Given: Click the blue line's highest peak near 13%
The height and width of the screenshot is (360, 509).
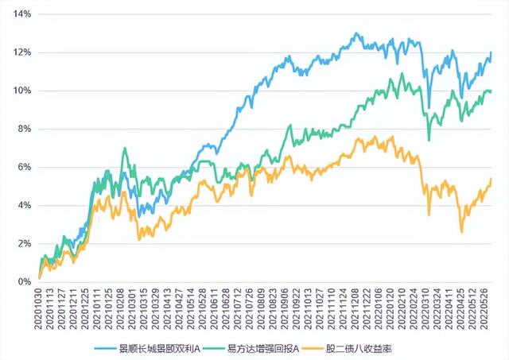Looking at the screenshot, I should tap(356, 33).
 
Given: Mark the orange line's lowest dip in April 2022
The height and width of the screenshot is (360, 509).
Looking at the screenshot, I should tap(461, 232).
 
